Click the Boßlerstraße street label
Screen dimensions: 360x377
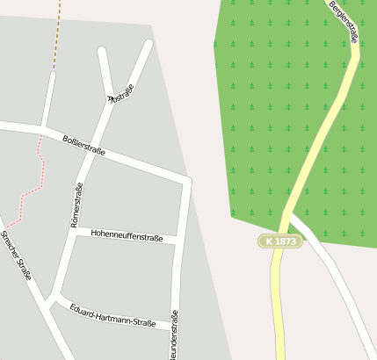pyautogui.click(x=84, y=145)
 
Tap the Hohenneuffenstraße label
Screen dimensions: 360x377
pyautogui.click(x=127, y=235)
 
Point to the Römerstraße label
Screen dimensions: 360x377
pyautogui.click(x=76, y=205)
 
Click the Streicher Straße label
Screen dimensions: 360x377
pyautogui.click(x=16, y=256)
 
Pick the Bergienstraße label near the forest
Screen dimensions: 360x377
pyautogui.click(x=344, y=21)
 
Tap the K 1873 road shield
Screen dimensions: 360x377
pyautogui.click(x=280, y=241)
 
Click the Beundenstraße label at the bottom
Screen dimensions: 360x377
pyautogui.click(x=175, y=337)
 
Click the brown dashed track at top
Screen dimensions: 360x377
pyautogui.click(x=57, y=35)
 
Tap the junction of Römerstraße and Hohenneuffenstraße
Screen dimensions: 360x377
pyautogui.click(x=69, y=232)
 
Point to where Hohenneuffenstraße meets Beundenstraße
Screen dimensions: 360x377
pyautogui.click(x=178, y=239)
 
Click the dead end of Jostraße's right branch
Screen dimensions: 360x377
pyautogui.click(x=149, y=43)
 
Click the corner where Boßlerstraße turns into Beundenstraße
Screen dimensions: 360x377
pyautogui.click(x=185, y=181)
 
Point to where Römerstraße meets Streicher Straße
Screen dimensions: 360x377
pyautogui.click(x=51, y=297)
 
